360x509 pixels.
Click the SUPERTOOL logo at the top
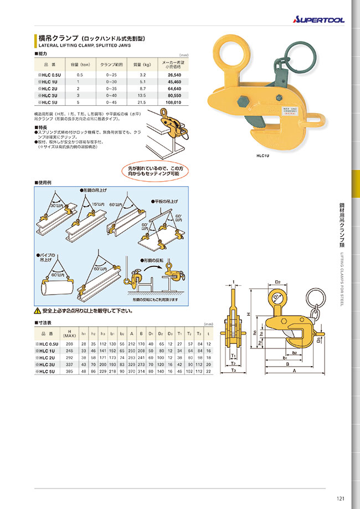(318, 20)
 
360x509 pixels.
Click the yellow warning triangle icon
(38, 311)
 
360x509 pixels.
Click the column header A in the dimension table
(131, 333)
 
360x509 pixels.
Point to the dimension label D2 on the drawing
(279, 281)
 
